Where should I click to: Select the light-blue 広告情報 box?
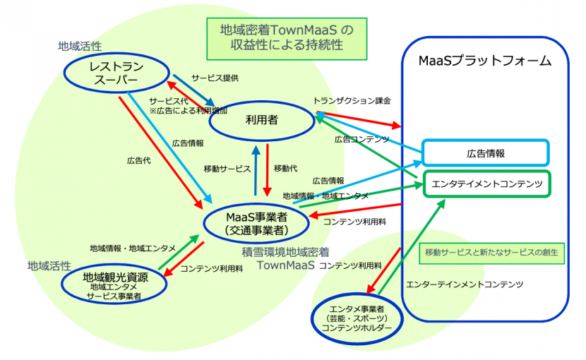[x=484, y=152]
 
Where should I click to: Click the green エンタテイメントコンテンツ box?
[x=486, y=184]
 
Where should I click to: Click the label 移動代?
[x=285, y=169]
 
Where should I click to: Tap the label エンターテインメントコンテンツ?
[x=465, y=284]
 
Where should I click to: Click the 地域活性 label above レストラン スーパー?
[x=75, y=45]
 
